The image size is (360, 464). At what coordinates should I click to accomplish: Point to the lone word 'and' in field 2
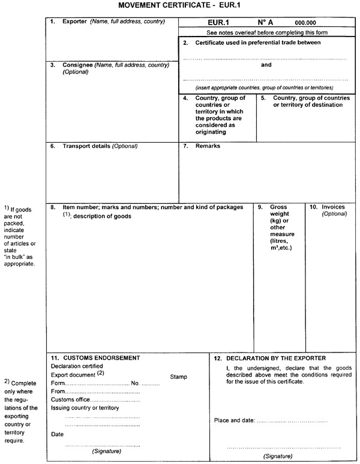[x=266, y=65]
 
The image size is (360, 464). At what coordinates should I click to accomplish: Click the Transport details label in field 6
[x=87, y=146]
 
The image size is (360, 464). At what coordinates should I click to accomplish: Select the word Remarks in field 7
[x=208, y=146]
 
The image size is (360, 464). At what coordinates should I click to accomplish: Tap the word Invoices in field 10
[x=333, y=207]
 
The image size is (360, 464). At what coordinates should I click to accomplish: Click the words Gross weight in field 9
[x=280, y=210]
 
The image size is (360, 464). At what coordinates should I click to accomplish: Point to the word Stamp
[x=179, y=377]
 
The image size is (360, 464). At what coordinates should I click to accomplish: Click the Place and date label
[x=235, y=420]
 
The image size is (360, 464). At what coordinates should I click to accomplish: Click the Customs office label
[x=71, y=399]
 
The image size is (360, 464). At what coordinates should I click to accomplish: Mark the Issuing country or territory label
[x=85, y=408]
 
